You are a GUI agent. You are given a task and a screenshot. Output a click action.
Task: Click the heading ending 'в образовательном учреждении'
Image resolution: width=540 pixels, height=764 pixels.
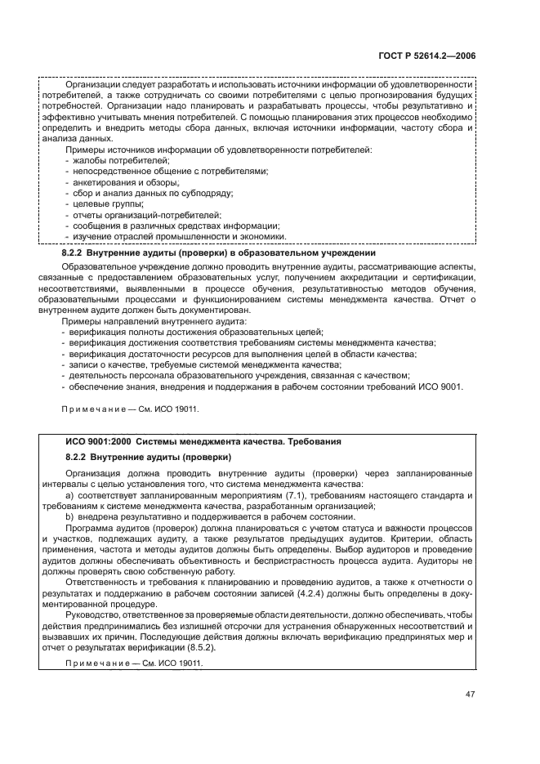pyautogui.click(x=218, y=254)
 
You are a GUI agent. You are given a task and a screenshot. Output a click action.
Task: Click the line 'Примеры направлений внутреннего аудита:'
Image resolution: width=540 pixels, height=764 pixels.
pyautogui.click(x=147, y=321)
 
